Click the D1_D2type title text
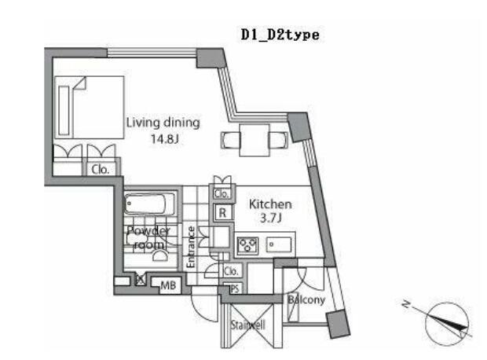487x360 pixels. coord(280,35)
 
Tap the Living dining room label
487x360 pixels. coord(163,123)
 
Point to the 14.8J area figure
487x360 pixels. coord(165,138)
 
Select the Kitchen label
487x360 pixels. coord(270,204)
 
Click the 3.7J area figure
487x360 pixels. coord(271,219)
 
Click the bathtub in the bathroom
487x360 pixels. coord(149,204)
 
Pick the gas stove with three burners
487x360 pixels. coord(247,244)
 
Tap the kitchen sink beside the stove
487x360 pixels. coord(279,244)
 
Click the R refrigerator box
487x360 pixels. coord(223,213)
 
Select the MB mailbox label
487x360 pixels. coord(168,285)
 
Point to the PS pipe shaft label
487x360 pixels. coord(235,288)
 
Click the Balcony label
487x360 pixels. coord(306,299)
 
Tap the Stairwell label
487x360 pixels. coord(248,325)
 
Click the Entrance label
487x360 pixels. coord(191,247)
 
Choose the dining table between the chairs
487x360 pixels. coord(254,140)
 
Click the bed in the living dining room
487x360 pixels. coord(90,107)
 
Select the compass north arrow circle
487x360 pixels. coord(447,324)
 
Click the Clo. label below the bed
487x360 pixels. coord(101,170)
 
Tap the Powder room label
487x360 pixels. coord(148,238)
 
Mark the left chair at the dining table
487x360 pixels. coord(231,140)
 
